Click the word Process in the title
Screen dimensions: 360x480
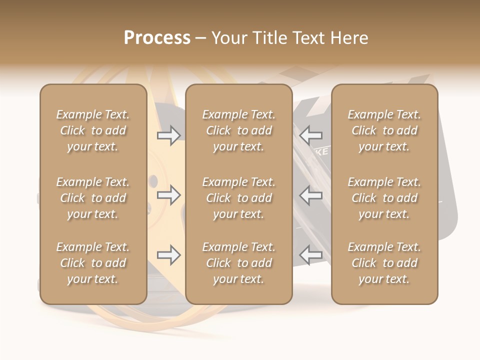157,38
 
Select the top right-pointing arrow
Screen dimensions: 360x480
169,135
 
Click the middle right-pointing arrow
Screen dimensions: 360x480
169,195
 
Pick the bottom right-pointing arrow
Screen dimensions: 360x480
169,255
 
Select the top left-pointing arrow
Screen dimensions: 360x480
311,135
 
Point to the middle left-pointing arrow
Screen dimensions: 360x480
311,195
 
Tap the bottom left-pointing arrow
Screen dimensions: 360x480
311,255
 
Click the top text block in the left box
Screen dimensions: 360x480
93,130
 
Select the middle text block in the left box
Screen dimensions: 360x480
93,198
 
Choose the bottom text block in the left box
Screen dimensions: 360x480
93,263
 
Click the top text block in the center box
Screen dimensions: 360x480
239,130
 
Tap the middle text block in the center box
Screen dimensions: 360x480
239,198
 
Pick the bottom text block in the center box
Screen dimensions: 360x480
239,263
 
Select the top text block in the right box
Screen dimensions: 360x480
384,130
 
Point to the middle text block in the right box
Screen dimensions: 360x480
384,198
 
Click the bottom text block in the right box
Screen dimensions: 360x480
384,263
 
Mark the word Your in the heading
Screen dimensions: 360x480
228,38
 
